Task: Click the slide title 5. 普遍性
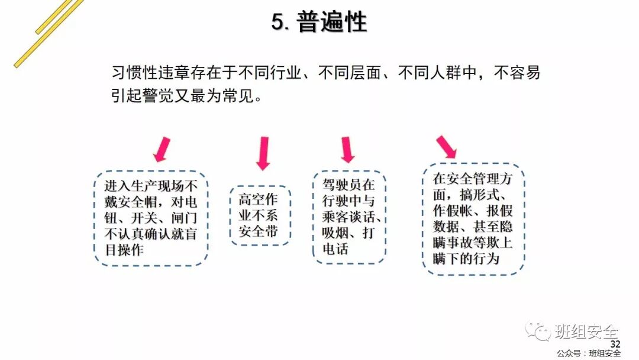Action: (x=319, y=22)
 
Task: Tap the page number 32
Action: (x=615, y=345)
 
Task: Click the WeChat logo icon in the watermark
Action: (x=538, y=330)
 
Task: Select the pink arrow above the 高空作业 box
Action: (x=263, y=153)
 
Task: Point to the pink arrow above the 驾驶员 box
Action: (x=347, y=149)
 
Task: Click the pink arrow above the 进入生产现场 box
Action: (x=162, y=149)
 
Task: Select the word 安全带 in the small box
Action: (x=258, y=231)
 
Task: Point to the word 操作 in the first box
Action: (x=130, y=250)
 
